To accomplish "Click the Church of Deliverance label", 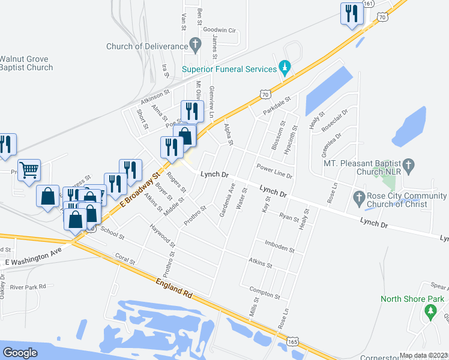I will click(x=146, y=46).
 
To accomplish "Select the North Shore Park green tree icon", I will click(x=429, y=311).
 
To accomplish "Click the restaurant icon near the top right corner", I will click(x=351, y=14).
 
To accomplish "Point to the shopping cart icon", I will click(x=28, y=170).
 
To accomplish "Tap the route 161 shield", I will click(x=369, y=3).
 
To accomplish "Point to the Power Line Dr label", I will click(x=274, y=171).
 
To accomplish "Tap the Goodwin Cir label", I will click(x=221, y=29).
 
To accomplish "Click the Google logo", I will click(x=20, y=352).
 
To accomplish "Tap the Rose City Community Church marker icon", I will click(x=359, y=197).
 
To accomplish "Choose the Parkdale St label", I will click(x=276, y=107).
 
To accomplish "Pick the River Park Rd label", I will click(x=28, y=287).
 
